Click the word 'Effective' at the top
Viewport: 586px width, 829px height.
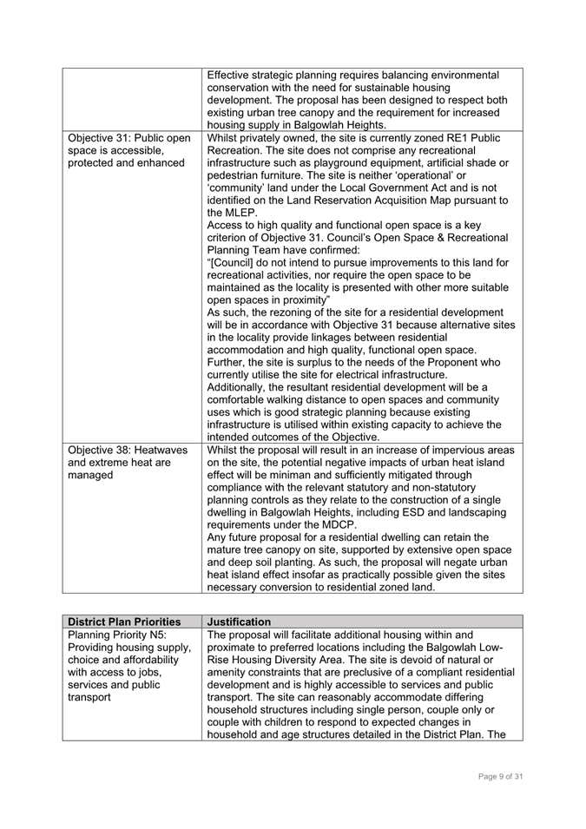[235, 75]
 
